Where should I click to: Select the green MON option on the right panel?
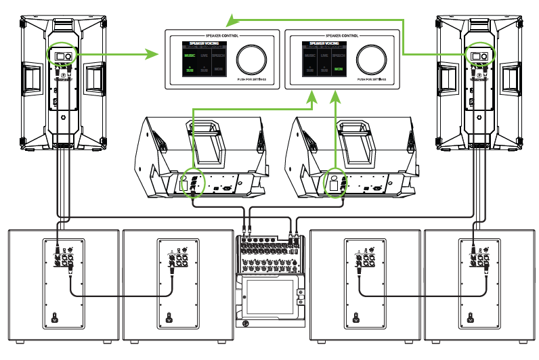tap(338, 69)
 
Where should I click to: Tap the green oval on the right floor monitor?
tap(335, 181)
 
